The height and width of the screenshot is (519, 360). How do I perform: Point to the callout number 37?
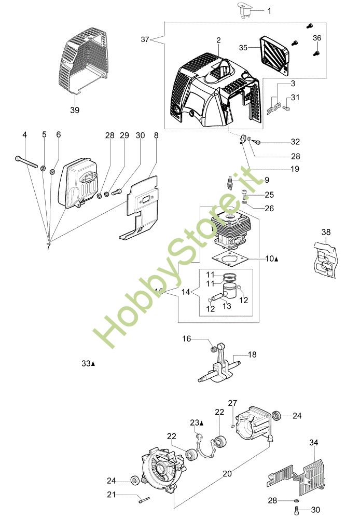pyautogui.click(x=145, y=39)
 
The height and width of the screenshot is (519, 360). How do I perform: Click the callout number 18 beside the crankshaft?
pyautogui.click(x=252, y=354)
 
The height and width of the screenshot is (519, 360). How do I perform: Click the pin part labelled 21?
pyautogui.click(x=143, y=500)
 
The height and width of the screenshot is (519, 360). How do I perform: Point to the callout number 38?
pyautogui.click(x=325, y=232)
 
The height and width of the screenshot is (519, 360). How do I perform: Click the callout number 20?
pyautogui.click(x=227, y=473)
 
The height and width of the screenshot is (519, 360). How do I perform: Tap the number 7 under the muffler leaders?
pyautogui.click(x=48, y=247)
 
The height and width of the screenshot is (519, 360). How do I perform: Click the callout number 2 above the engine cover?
pyautogui.click(x=218, y=39)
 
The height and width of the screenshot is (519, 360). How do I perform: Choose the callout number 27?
pyautogui.click(x=232, y=403)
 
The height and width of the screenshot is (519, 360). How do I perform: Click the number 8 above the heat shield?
pyautogui.click(x=156, y=135)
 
